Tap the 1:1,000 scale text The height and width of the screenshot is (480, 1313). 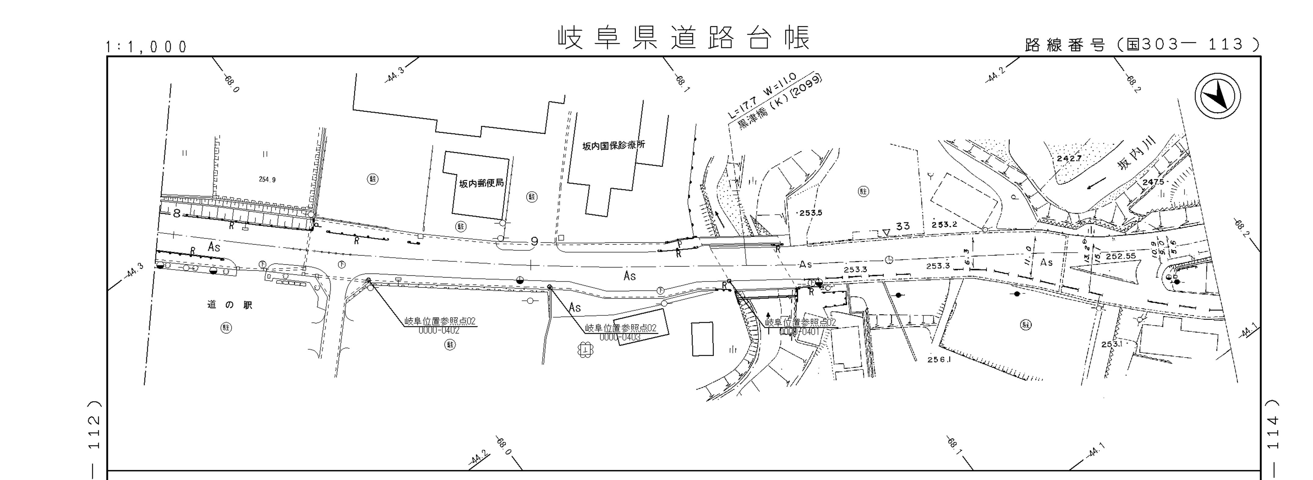pos(146,47)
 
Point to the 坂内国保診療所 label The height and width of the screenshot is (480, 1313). pos(614,146)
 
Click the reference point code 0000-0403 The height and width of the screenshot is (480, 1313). pos(620,337)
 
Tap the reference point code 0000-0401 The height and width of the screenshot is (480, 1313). pos(801,332)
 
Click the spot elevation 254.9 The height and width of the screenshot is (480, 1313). pos(267,179)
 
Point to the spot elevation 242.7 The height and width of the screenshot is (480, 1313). pos(1069,158)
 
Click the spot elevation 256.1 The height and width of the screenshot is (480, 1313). pos(940,359)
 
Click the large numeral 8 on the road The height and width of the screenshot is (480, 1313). pos(176,213)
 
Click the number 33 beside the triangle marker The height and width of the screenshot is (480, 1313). pos(903,226)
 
